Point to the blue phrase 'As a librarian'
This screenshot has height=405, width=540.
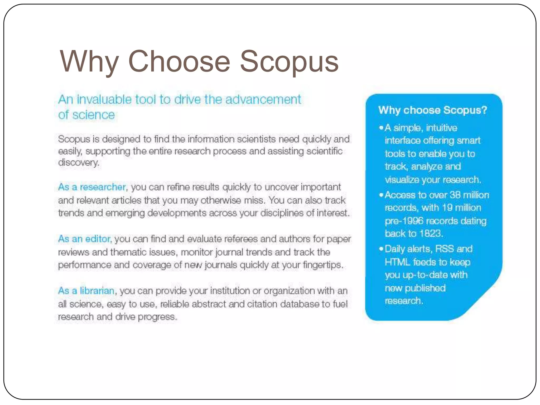pyautogui.click(x=86, y=291)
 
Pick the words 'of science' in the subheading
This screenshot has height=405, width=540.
pyautogui.click(x=86, y=115)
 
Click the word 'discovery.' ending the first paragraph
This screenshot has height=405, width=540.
pyautogui.click(x=79, y=162)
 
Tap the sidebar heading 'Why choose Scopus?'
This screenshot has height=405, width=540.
pyautogui.click(x=432, y=110)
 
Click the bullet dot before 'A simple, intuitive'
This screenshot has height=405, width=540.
pyautogui.click(x=381, y=128)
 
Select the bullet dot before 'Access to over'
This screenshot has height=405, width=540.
pyautogui.click(x=381, y=195)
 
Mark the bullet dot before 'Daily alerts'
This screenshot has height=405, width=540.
pyautogui.click(x=381, y=249)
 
